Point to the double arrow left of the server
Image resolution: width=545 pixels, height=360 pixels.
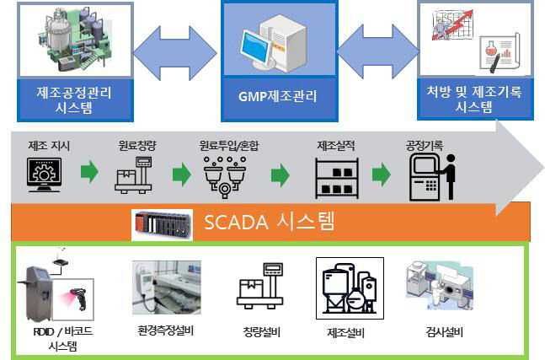tap(175, 53)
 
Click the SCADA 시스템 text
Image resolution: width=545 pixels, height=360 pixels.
tap(270, 223)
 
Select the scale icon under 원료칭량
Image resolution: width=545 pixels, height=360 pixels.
tap(136, 174)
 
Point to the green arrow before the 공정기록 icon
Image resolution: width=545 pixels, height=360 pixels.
tap(382, 175)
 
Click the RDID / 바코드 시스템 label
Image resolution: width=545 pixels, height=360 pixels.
tap(58, 338)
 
